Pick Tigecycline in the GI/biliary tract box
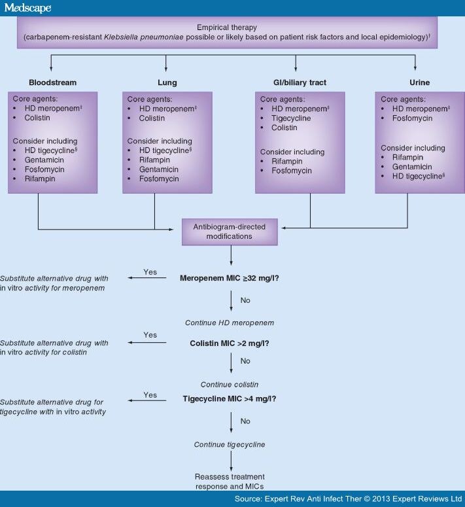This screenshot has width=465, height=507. pyautogui.click(x=292, y=118)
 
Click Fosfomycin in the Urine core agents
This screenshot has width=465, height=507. pyautogui.click(x=411, y=118)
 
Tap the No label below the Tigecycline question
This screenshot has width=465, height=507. pyautogui.click(x=245, y=421)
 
